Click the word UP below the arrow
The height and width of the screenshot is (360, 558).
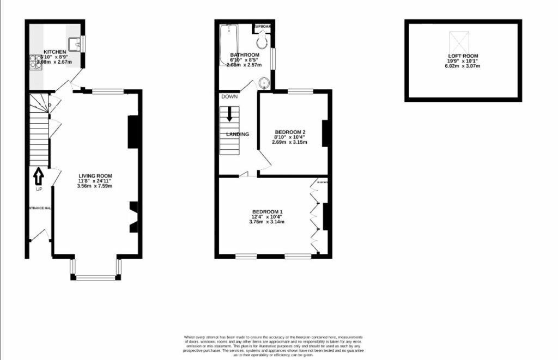click(x=39, y=190)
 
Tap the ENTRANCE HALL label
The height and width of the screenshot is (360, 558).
click(x=39, y=208)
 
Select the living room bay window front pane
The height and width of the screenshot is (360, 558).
click(x=95, y=278)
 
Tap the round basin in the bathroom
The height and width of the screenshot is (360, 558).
click(x=264, y=83)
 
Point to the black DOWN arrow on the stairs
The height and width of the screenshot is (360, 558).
click(x=229, y=113)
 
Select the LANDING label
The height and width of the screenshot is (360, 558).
click(x=238, y=135)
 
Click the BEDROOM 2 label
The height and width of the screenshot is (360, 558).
click(x=289, y=132)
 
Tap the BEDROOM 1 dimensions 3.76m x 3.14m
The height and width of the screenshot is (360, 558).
click(x=267, y=222)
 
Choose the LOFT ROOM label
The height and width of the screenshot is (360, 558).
click(x=463, y=56)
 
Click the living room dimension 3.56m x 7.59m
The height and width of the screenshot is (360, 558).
click(x=94, y=186)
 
